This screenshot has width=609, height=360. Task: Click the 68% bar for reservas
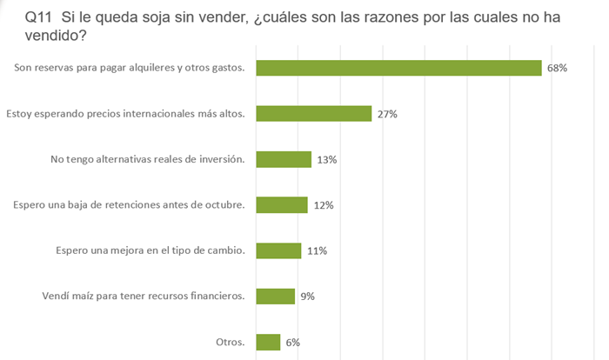tap(398, 68)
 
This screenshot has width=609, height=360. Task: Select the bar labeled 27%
tap(314, 113)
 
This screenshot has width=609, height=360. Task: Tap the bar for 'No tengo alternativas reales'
tap(284, 159)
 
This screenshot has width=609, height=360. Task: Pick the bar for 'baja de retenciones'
tap(282, 205)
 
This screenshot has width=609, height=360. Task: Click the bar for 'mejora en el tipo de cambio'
tap(278, 250)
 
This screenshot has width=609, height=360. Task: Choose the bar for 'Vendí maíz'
tap(276, 297)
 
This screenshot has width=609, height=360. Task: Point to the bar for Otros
tap(268, 342)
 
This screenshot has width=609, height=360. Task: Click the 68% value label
tap(557, 68)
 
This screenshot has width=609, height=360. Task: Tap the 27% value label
tap(387, 114)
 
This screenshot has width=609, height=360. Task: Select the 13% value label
tap(326, 160)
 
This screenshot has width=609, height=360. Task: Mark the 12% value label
tap(324, 205)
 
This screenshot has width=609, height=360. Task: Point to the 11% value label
tap(317, 251)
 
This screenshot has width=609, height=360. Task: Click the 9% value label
tap(307, 297)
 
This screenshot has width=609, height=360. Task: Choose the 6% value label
tap(292, 342)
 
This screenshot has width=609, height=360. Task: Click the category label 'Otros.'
tap(231, 342)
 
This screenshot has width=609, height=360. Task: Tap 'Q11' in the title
tap(38, 17)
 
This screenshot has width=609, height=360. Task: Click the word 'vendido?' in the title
tap(56, 36)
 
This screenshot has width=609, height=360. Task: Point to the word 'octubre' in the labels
tap(227, 204)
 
